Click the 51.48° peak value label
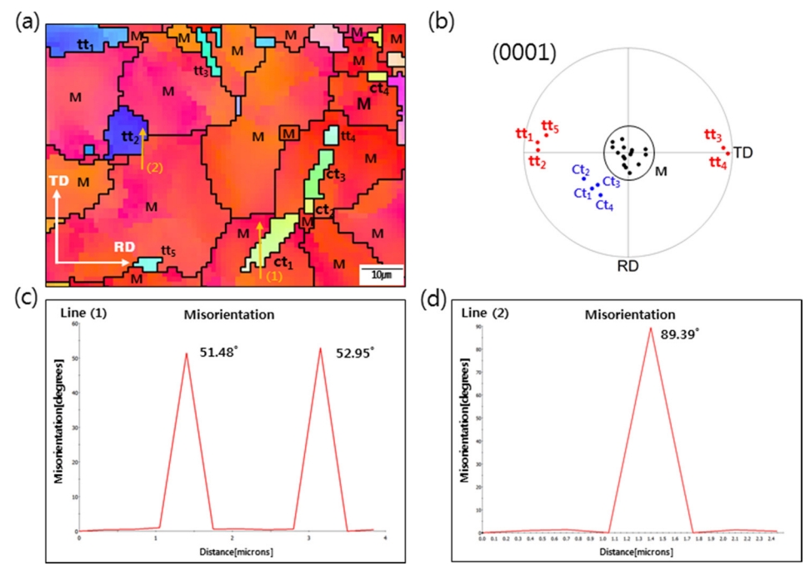pos(217,353)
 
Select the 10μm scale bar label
pos(376,274)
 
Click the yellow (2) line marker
pos(153,168)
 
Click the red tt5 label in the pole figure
pos(550,128)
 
